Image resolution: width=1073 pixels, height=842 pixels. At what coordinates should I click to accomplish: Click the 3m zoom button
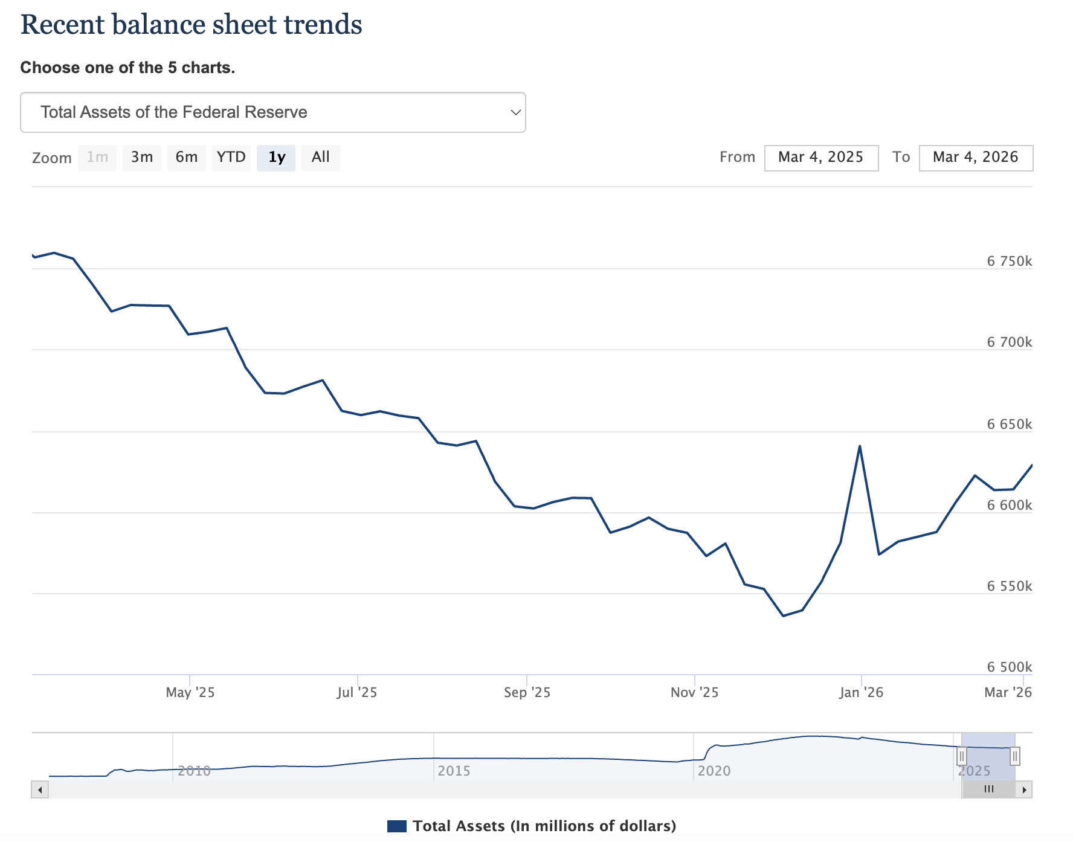(x=142, y=158)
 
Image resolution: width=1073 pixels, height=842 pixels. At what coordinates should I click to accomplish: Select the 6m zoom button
(x=187, y=158)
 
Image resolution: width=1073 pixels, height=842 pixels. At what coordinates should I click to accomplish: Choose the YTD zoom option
(x=231, y=158)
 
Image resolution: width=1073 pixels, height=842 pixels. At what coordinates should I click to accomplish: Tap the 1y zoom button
(x=276, y=158)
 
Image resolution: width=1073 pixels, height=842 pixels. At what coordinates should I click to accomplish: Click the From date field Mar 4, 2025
(x=820, y=158)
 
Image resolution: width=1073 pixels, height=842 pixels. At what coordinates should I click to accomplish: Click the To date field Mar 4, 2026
(x=975, y=158)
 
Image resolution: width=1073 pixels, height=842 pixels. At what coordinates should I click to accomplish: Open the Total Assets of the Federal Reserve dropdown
(x=272, y=112)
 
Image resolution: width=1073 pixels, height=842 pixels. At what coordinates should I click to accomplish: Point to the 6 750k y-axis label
(x=1009, y=261)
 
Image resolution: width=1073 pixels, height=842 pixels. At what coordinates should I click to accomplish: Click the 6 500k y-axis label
(x=1009, y=667)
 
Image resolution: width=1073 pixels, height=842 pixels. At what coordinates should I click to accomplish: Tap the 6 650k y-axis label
(x=1009, y=424)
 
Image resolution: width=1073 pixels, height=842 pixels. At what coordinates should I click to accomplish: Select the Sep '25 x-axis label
(x=527, y=692)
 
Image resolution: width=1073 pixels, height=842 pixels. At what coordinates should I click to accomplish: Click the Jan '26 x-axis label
(x=861, y=692)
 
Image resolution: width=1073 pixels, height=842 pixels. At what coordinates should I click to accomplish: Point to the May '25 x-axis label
(x=190, y=692)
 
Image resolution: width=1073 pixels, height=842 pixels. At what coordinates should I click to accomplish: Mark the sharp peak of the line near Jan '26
(x=859, y=446)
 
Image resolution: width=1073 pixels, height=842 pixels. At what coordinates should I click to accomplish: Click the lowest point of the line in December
(x=783, y=615)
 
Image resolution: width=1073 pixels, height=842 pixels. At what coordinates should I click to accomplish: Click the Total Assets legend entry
(x=532, y=826)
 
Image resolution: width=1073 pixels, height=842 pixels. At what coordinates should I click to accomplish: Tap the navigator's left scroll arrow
(x=40, y=789)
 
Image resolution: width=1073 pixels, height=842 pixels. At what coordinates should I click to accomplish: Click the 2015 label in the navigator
(x=454, y=771)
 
